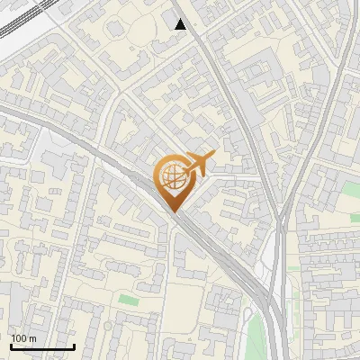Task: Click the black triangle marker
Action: point(181,24)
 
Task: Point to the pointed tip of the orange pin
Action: point(172,211)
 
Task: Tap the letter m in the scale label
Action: point(33,338)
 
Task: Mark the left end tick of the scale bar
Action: point(11,346)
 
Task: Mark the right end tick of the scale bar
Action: point(74,346)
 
